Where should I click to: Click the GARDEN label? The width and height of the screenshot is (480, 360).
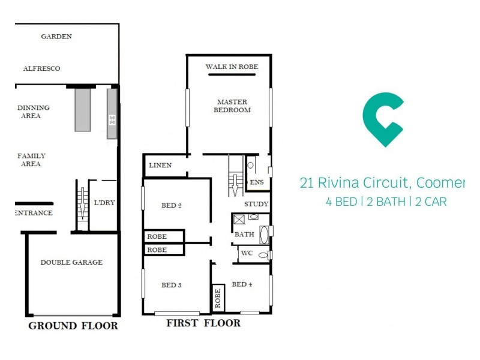tap(56, 37)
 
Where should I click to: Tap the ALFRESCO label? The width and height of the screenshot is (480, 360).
tap(41, 68)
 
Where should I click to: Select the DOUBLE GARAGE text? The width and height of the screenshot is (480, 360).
tap(71, 262)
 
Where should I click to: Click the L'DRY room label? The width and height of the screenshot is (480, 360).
tap(104, 203)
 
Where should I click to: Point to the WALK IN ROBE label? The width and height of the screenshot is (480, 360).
tap(232, 67)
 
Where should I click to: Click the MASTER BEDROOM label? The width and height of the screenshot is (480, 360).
tap(233, 106)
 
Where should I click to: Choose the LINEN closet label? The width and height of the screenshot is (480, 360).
tap(160, 166)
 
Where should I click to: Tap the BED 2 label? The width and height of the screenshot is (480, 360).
tap(171, 206)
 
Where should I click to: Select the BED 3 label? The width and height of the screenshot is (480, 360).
tap(171, 284)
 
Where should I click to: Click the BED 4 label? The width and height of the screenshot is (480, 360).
tap(241, 284)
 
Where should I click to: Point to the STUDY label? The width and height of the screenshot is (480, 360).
tap(256, 205)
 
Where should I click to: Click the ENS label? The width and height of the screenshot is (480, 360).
tap(256, 182)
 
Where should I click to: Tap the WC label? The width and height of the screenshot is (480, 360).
tap(247, 253)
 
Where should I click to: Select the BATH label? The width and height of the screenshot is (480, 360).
tap(244, 234)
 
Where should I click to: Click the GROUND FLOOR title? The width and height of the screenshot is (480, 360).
tap(73, 326)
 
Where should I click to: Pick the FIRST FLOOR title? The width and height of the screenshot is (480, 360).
tap(203, 323)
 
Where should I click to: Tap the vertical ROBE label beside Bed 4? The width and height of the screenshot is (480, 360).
tap(217, 298)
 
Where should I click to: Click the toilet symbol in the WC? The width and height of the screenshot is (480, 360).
tap(262, 254)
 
